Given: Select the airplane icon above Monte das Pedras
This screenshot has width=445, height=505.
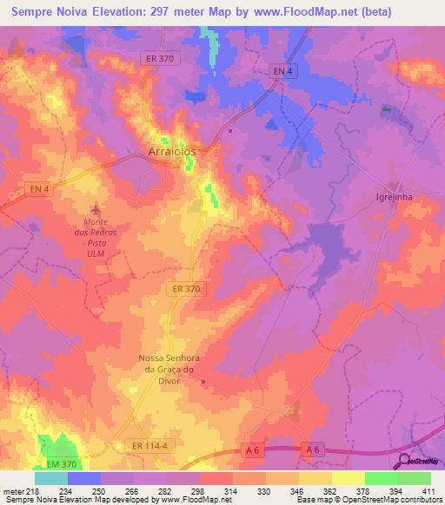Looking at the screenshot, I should pyautogui.click(x=96, y=209).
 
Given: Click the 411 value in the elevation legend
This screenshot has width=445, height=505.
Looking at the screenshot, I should pyautogui.click(x=429, y=491).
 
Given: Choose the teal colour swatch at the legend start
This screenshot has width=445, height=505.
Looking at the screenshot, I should pyautogui.click(x=51, y=478).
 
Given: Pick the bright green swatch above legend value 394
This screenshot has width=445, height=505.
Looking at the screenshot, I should pyautogui.click(x=382, y=478).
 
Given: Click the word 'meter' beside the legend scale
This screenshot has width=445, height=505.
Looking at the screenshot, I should pyautogui.click(x=14, y=491).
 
